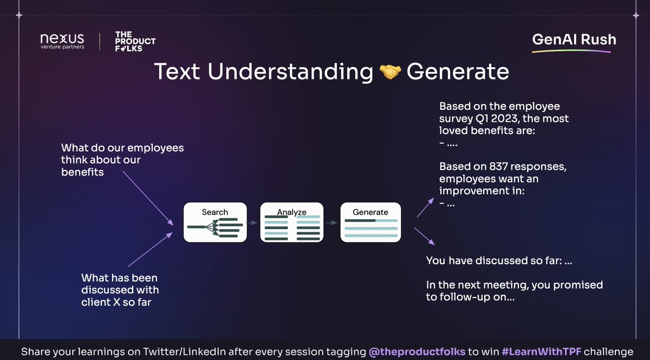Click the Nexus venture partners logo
coord(62,41)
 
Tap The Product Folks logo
coord(135,41)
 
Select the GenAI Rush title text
coord(574,40)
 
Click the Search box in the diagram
coord(215,222)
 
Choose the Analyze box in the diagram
coord(292,222)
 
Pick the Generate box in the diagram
coord(370,222)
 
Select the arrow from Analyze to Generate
coord(331,222)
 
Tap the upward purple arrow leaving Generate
coord(426,208)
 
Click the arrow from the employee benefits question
coord(147,198)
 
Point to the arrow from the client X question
coord(151,249)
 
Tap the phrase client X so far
coord(116,302)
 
